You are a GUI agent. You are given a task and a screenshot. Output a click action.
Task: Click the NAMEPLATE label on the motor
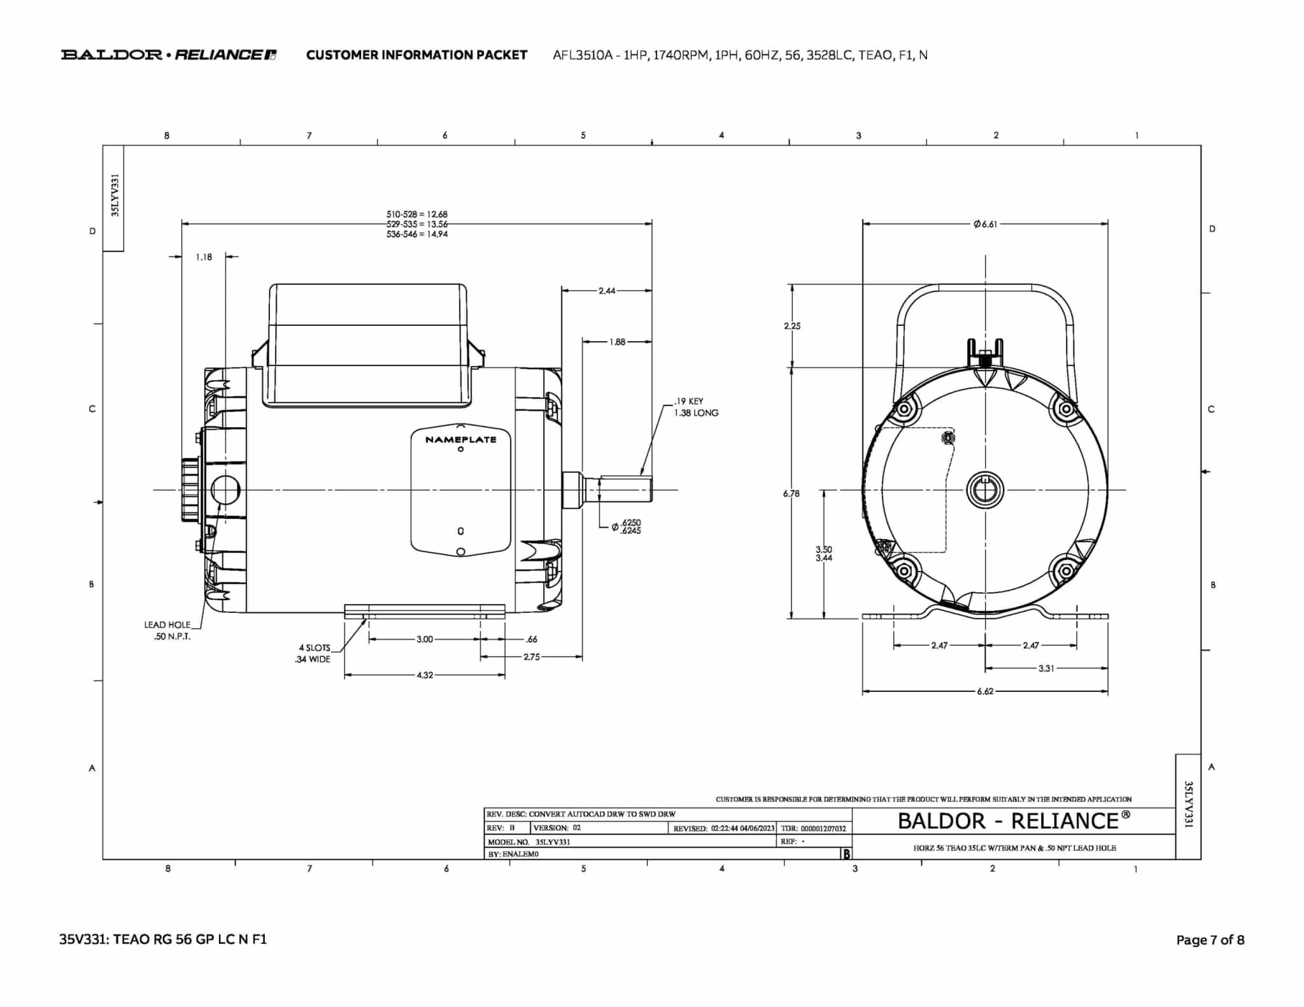(x=460, y=439)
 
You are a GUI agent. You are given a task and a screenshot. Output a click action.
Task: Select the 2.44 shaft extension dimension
(x=607, y=291)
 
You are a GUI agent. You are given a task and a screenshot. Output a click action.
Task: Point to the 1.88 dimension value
(x=617, y=342)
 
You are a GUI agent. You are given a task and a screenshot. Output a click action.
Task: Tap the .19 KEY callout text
(x=689, y=401)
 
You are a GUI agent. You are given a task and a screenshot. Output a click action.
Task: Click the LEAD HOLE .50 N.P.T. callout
(x=167, y=631)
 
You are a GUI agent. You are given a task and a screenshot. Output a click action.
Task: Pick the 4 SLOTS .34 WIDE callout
(x=313, y=654)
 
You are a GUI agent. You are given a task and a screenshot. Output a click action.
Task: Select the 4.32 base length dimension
(x=425, y=675)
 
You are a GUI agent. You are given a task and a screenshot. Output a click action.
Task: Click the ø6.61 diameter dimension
(x=985, y=224)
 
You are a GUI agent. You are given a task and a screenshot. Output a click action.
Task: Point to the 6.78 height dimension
(x=791, y=493)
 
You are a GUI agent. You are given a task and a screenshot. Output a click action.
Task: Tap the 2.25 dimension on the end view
(x=792, y=326)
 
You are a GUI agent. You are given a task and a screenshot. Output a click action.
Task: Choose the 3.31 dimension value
(x=1046, y=668)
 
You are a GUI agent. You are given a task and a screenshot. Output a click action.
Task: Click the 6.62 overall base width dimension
(x=985, y=691)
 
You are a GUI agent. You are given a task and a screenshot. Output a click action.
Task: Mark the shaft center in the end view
(x=986, y=490)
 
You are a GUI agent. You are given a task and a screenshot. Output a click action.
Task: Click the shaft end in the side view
(x=651, y=490)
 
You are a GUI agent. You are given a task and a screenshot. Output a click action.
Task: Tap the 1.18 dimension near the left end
(x=204, y=257)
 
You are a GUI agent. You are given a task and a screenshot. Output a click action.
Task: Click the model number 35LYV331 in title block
(x=553, y=842)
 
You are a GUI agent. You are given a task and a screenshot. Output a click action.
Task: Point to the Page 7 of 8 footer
(x=1210, y=940)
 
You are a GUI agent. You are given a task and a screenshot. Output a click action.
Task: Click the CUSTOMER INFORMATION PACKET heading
(x=416, y=55)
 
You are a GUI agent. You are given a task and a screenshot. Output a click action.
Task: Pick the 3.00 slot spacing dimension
(x=425, y=639)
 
